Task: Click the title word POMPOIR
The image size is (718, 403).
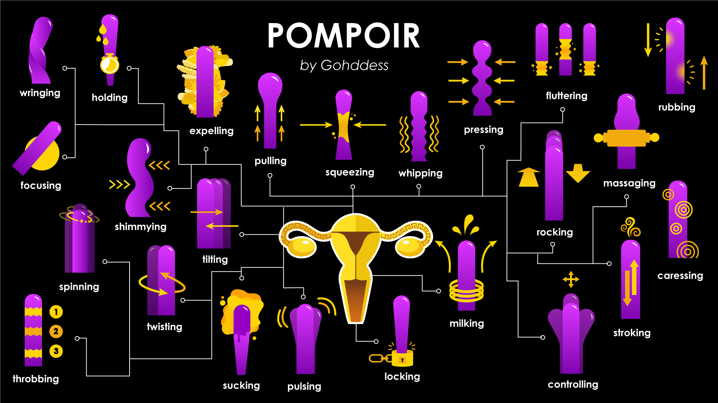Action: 344,36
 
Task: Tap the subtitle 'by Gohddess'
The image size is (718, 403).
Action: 344,65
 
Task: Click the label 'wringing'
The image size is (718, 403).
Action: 40,93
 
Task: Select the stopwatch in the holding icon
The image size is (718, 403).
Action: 109,64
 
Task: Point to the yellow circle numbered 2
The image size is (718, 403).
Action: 56,331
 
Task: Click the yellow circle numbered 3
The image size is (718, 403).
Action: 56,351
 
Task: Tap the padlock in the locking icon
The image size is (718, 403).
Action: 402,359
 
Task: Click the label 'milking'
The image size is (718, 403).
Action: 467,323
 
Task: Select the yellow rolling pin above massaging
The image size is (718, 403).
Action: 626,138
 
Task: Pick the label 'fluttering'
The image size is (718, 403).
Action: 567,96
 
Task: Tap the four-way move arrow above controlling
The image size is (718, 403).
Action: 571,279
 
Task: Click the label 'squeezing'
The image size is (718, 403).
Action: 350,172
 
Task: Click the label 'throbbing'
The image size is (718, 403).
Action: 36,379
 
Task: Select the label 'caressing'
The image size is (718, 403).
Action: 680,276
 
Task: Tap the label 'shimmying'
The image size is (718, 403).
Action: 140,227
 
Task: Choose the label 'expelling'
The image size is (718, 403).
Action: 211,131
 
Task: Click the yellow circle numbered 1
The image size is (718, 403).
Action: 56,312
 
